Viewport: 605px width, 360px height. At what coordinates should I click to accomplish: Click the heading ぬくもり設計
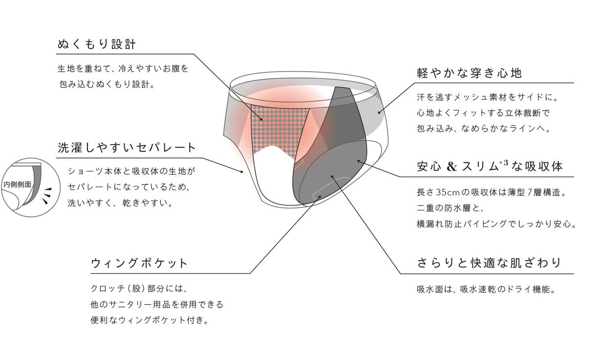pyautogui.click(x=96, y=44)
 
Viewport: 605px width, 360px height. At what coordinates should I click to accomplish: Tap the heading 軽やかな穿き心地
pyautogui.click(x=469, y=74)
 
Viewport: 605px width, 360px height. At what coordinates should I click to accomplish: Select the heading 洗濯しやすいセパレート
pyautogui.click(x=127, y=147)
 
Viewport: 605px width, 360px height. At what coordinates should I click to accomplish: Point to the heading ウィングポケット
pyautogui.click(x=140, y=263)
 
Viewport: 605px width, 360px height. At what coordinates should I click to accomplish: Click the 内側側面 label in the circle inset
pyautogui.click(x=17, y=184)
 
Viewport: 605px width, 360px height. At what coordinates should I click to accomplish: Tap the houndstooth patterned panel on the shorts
pyautogui.click(x=279, y=128)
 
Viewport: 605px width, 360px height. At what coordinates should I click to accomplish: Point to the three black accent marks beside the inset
pyautogui.click(x=46, y=195)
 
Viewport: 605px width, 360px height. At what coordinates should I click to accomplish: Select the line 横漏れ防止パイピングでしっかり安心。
pyautogui.click(x=496, y=224)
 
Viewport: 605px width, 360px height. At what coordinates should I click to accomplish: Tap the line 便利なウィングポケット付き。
pyautogui.click(x=149, y=320)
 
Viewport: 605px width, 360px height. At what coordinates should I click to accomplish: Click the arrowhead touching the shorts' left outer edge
pyautogui.click(x=243, y=172)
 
